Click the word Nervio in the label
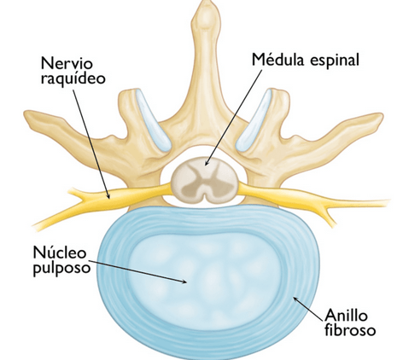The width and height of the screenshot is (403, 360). click(x=67, y=63)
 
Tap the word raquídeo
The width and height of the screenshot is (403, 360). click(x=73, y=78)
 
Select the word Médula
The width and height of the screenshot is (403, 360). click(x=278, y=60)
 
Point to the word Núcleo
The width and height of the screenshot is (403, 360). click(x=60, y=252)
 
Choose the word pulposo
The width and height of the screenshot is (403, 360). click(x=61, y=269)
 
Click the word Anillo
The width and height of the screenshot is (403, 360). click(x=347, y=315)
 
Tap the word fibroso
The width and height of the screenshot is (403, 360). click(x=350, y=330)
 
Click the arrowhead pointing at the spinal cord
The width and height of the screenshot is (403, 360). click(x=207, y=163)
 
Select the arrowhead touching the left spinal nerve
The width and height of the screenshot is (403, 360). click(x=108, y=195)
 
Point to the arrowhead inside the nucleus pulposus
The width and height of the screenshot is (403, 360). click(x=184, y=282)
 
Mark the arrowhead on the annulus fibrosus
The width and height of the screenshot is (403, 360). click(x=296, y=299)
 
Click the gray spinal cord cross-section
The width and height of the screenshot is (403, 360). click(x=205, y=180)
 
